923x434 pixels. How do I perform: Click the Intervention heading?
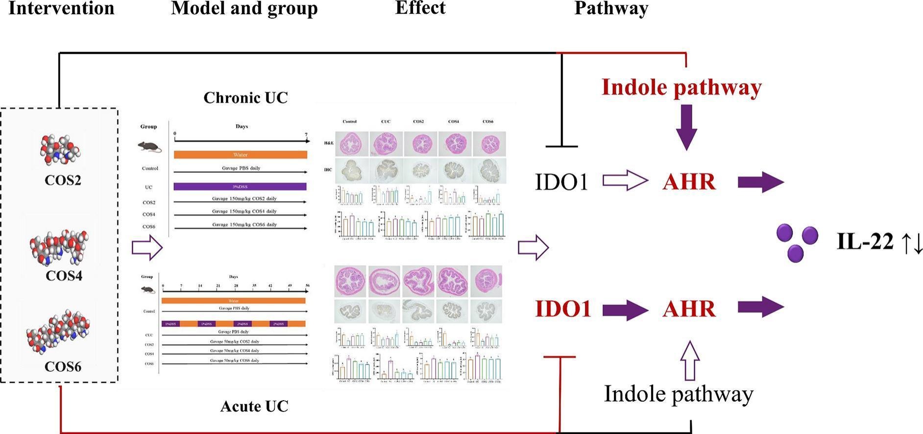61,8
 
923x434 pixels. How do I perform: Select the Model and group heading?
244,8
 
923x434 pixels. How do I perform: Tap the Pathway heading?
611,8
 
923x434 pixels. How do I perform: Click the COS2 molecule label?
63,180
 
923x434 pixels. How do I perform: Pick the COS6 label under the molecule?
63,366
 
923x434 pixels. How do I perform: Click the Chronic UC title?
245,97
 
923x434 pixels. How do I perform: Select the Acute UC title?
254,406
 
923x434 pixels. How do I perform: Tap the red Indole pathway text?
681,87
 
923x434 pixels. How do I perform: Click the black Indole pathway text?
679,394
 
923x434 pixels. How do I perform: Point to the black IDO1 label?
561,182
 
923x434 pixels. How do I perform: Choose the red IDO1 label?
563,309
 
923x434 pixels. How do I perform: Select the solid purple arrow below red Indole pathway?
686,126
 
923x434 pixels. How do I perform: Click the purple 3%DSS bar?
240,187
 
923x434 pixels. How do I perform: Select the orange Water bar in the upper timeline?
240,155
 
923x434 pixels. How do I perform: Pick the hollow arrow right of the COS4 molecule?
146,247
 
